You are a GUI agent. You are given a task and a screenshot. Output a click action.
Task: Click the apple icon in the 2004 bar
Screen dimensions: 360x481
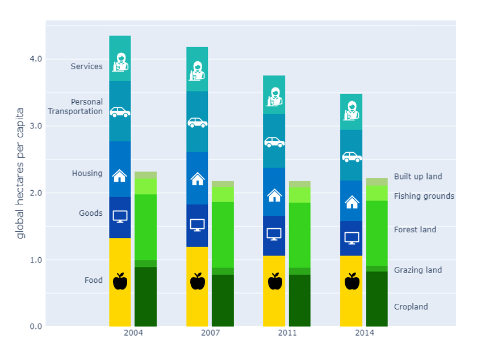pos(120,281)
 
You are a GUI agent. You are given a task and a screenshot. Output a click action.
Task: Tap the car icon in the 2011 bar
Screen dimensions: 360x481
pos(274,142)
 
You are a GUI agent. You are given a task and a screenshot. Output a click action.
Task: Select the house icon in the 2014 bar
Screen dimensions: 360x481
pos(352,202)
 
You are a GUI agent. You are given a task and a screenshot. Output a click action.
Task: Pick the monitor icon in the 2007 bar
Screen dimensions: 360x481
pos(197,225)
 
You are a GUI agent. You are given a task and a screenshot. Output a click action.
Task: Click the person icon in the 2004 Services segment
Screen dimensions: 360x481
pos(120,62)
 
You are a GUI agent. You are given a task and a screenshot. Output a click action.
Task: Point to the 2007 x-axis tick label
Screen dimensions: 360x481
pos(210,333)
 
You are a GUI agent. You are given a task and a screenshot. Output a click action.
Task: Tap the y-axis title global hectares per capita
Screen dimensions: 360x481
pos(20,173)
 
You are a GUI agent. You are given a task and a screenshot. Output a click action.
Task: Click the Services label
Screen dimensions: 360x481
pos(86,66)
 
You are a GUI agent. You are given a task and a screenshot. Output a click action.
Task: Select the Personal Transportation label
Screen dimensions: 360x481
pos(76,107)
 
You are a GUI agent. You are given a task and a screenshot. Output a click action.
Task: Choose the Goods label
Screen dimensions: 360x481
pos(91,214)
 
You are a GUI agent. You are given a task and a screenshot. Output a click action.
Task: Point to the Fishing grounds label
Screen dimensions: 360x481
pos(424,196)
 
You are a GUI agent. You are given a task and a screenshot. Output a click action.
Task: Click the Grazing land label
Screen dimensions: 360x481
pos(417,270)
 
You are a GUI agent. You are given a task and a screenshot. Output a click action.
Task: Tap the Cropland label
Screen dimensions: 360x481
pos(411,307)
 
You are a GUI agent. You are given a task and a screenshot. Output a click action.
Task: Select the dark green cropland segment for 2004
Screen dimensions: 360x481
pos(145,297)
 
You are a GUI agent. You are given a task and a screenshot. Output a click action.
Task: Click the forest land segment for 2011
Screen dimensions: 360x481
pos(299,235)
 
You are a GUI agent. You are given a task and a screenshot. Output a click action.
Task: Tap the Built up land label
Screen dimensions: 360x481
pos(417,177)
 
